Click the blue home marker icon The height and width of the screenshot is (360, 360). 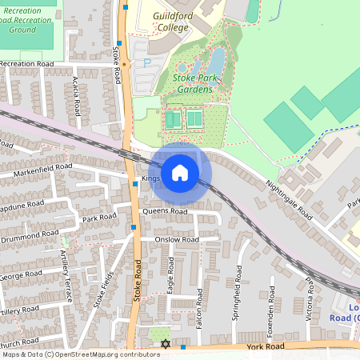180,172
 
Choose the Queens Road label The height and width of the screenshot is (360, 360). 164,211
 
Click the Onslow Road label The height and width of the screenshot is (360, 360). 177,239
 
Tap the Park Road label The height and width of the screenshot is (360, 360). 99,218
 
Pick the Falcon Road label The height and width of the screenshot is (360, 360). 199,302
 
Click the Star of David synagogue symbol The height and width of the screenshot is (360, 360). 166,344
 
